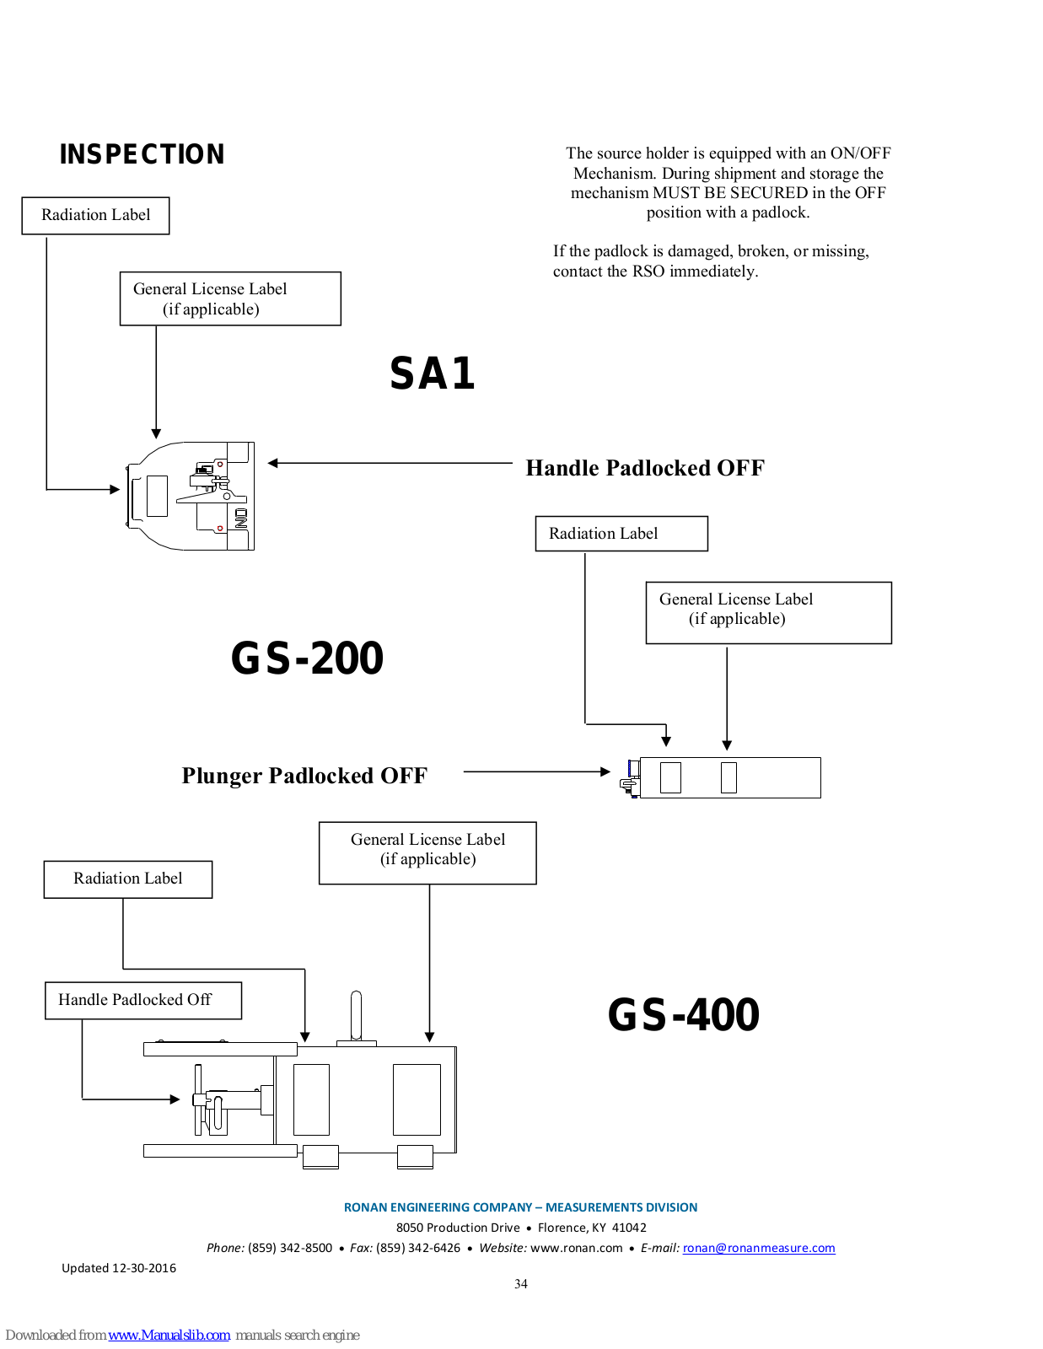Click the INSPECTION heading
point(142,154)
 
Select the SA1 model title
point(432,374)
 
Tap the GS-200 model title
point(307,658)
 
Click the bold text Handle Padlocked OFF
point(645,467)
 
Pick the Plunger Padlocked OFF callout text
point(304,776)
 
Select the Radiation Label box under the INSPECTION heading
point(95,215)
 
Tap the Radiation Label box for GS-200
point(621,533)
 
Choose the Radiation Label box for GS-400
point(128,879)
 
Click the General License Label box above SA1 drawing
point(230,298)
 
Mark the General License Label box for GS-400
point(427,853)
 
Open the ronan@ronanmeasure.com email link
point(759,1248)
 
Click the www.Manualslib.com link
point(169,1335)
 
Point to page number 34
point(521,1284)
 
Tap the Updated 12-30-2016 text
point(119,1268)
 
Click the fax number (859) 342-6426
point(418,1248)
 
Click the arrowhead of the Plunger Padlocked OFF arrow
point(605,771)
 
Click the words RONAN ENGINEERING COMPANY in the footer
point(438,1207)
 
